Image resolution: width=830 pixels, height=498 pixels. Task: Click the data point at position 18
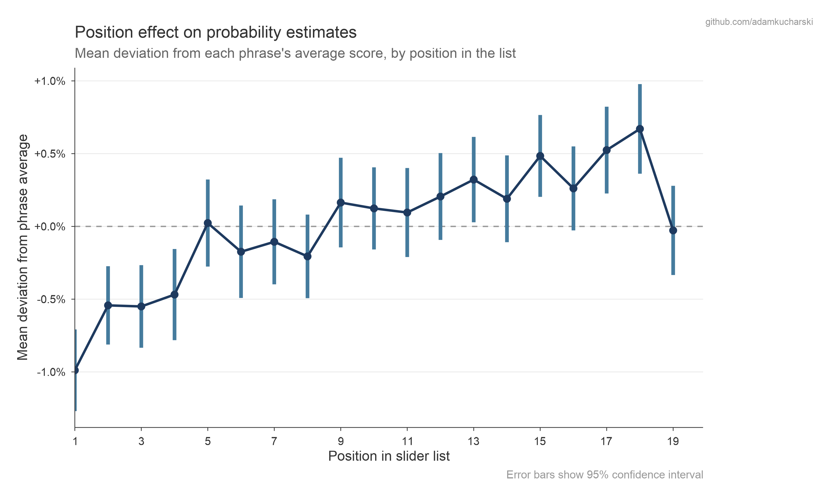pos(640,129)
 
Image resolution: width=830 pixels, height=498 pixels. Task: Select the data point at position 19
pos(673,230)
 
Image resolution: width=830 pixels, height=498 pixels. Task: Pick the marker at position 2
pos(108,305)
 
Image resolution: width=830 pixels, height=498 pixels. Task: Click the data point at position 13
pos(474,180)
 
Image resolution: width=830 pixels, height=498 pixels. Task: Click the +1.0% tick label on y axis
pos(50,81)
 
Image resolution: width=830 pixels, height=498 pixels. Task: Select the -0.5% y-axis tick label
pos(51,299)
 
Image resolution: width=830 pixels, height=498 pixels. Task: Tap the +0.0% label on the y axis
pos(50,227)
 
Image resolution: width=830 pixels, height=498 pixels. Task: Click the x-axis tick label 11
pos(407,442)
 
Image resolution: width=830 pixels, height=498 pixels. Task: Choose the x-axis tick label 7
pos(274,442)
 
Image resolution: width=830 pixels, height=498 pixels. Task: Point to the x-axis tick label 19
pos(673,442)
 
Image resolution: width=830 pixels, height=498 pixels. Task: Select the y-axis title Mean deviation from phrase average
pos(22,247)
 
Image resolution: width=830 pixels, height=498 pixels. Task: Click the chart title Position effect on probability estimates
pos(215,33)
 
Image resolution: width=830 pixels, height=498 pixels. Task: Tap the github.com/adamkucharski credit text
pos(759,22)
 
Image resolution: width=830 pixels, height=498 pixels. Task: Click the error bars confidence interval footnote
pos(605,475)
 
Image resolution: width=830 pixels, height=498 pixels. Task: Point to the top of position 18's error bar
pos(640,85)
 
